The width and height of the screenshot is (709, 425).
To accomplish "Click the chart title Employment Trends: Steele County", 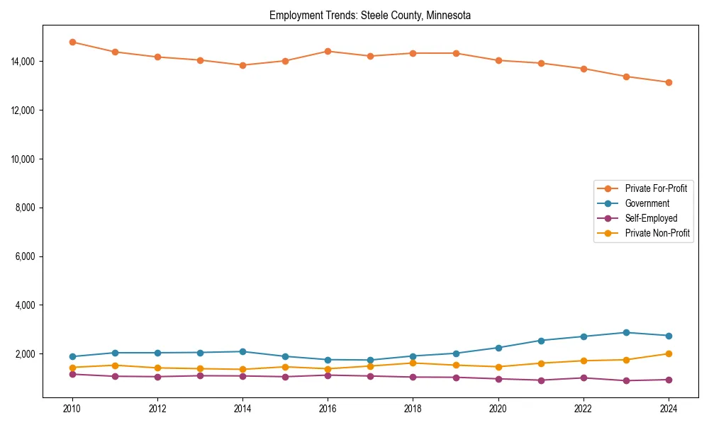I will pos(370,15).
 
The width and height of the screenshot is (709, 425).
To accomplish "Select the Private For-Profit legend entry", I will pos(656,188).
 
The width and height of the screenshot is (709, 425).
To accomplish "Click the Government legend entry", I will pos(647,203).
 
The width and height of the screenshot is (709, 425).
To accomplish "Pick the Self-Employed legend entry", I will pos(651,218).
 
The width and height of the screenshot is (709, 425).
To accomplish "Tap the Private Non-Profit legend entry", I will pos(657,233).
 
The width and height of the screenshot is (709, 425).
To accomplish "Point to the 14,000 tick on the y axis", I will pos(24,62).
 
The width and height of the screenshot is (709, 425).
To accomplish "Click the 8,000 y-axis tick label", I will pos(26,208).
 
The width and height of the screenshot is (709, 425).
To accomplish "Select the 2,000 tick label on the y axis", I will pos(26,353).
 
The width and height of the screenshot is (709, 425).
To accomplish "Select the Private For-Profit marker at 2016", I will pos(328,51).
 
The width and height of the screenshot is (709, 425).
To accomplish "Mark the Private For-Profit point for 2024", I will pos(668,82).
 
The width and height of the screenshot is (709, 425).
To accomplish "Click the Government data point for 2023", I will pos(625,332).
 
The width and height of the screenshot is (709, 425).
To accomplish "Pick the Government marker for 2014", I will pos(242,351).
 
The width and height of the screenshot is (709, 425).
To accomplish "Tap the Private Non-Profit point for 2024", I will pos(668,353).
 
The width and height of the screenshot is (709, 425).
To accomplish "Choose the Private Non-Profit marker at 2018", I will pos(413,363).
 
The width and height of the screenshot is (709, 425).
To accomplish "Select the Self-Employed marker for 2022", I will pos(583,378).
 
